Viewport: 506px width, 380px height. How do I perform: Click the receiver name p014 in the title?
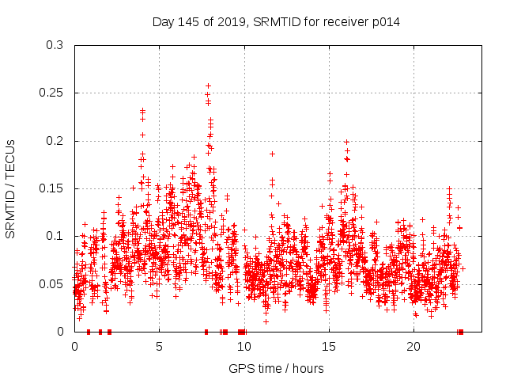click(x=383, y=22)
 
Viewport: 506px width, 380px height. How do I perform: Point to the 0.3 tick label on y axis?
click(x=55, y=46)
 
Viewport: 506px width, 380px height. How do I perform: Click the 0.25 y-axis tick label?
click(x=51, y=93)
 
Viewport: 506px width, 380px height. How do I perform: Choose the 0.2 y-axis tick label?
click(x=55, y=141)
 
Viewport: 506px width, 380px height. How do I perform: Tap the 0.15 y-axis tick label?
click(x=51, y=188)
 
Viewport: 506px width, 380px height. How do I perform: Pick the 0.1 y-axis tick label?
click(x=55, y=236)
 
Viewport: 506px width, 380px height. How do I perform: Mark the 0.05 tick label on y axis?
click(x=51, y=283)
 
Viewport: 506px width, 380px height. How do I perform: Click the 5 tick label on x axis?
click(x=159, y=347)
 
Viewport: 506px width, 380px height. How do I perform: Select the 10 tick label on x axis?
click(x=244, y=347)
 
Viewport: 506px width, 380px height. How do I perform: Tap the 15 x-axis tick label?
click(x=328, y=347)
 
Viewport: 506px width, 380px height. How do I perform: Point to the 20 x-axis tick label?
click(x=413, y=347)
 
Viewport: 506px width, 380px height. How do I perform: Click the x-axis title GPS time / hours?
click(x=276, y=368)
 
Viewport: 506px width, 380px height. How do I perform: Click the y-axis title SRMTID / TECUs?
click(x=11, y=188)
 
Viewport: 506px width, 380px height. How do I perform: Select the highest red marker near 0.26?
click(x=208, y=85)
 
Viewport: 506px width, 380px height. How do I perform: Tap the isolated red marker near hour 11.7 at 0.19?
click(x=272, y=154)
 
